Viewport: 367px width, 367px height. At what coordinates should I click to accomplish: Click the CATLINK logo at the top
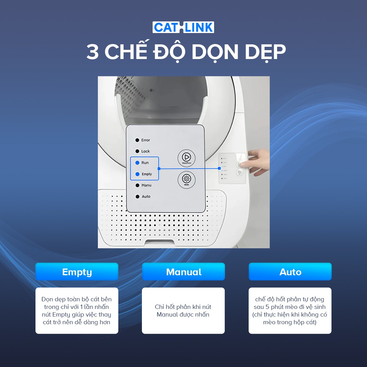(183, 28)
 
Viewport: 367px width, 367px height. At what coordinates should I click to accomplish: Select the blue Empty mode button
(77, 272)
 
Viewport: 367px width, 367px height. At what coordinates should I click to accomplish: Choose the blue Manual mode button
(183, 272)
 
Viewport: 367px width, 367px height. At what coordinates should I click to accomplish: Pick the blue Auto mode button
(290, 272)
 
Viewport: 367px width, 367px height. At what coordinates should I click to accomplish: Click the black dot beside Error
(137, 140)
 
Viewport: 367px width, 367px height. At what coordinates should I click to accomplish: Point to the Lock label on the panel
(146, 151)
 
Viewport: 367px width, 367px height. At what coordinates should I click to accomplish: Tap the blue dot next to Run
(137, 163)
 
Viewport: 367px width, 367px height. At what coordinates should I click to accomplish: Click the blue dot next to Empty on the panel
(137, 174)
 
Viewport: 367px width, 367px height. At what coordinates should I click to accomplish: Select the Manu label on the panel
(146, 185)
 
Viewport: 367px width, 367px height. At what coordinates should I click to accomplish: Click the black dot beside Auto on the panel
(137, 197)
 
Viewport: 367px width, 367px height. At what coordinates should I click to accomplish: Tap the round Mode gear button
(186, 179)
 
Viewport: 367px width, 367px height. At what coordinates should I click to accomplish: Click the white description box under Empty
(77, 310)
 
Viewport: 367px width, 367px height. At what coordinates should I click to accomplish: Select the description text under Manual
(183, 310)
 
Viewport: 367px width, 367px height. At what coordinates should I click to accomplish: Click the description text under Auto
(290, 310)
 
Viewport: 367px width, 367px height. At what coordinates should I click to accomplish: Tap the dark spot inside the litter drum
(151, 90)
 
